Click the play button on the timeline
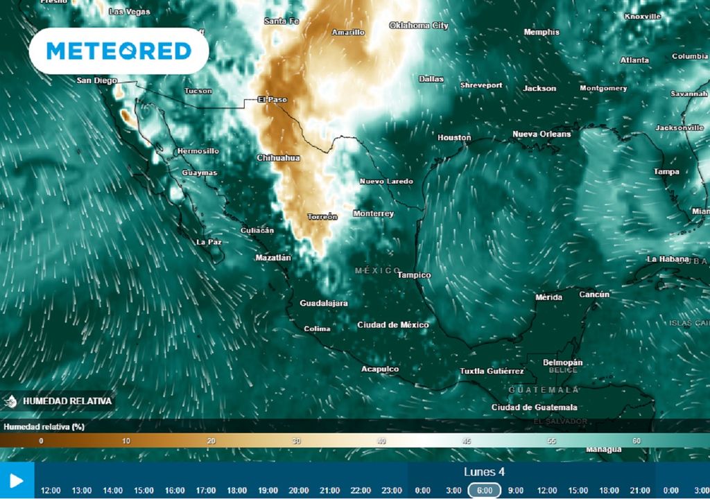click(16, 480)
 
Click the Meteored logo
click(119, 51)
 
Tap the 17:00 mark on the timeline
click(206, 490)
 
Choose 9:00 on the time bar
click(515, 490)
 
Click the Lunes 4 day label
click(484, 472)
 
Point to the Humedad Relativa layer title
click(67, 401)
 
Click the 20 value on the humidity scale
click(211, 441)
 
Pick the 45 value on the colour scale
click(467, 441)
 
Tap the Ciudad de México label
click(393, 324)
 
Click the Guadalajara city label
click(324, 303)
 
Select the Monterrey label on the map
click(373, 213)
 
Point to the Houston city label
click(454, 137)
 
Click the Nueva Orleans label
click(542, 134)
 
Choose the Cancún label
click(594, 295)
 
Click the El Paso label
click(272, 99)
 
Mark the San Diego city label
click(96, 80)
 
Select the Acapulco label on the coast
click(380, 369)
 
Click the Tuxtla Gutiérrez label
click(492, 371)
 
